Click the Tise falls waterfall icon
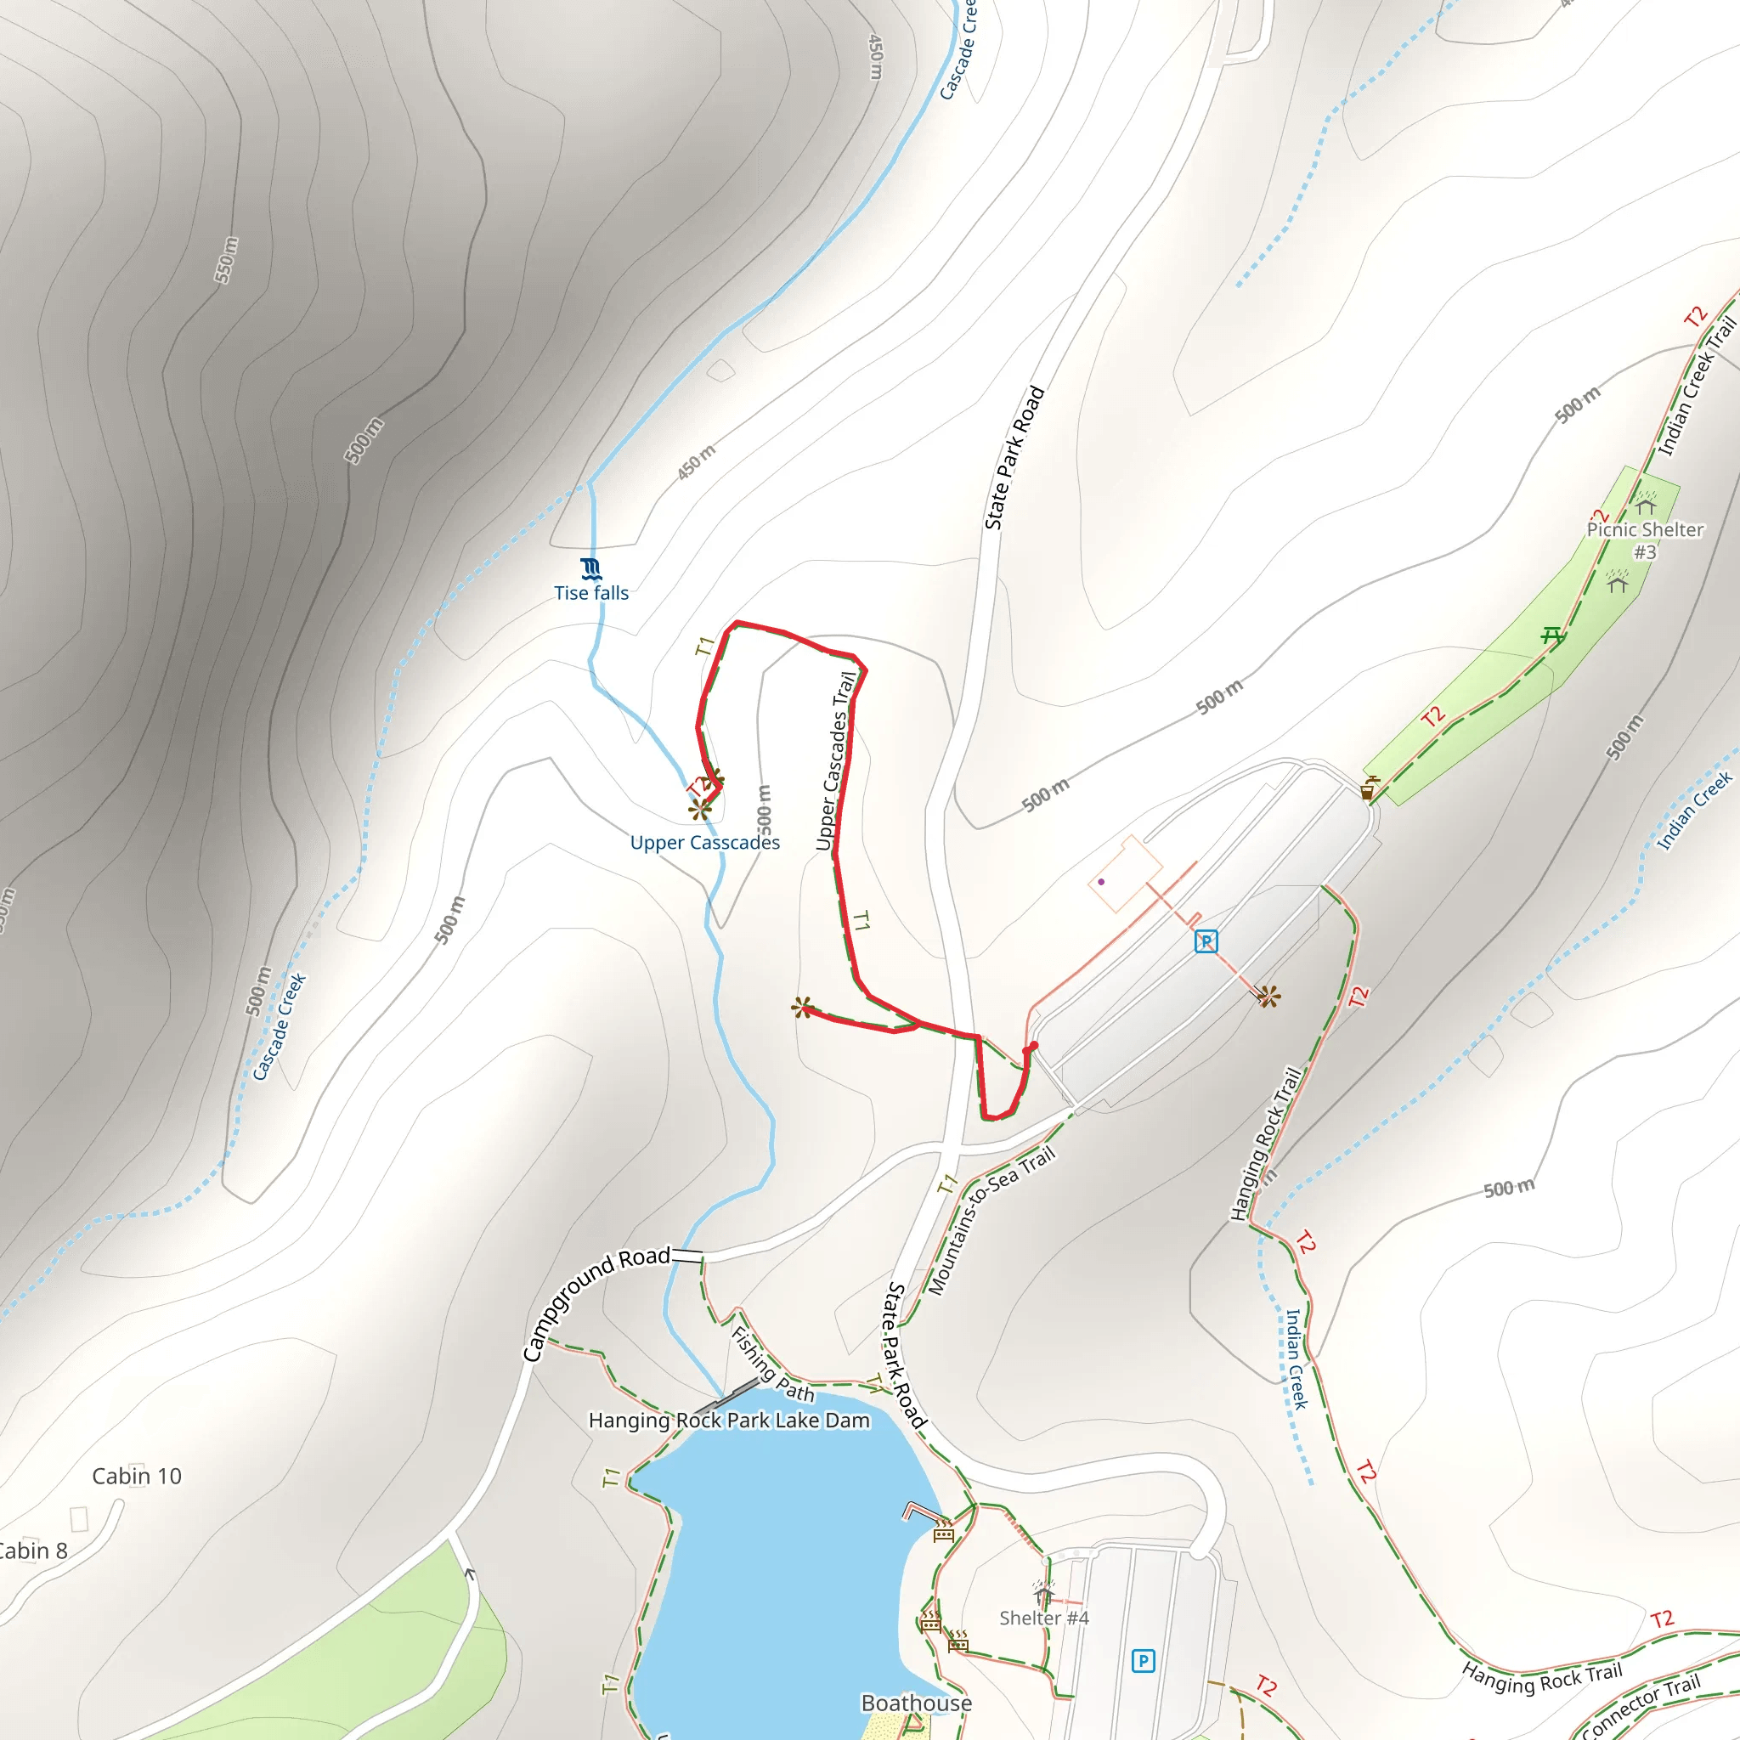590,568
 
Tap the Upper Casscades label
704,842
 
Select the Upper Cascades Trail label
835,761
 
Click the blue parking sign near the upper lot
1206,942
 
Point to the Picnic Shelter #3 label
1645,540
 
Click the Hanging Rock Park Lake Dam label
729,1421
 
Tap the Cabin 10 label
137,1476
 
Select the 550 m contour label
226,259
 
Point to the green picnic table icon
1551,636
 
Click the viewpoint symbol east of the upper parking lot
1268,996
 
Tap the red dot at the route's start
1033,1047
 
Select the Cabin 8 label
31,1550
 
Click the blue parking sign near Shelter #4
1143,1661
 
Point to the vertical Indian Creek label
1295,1359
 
